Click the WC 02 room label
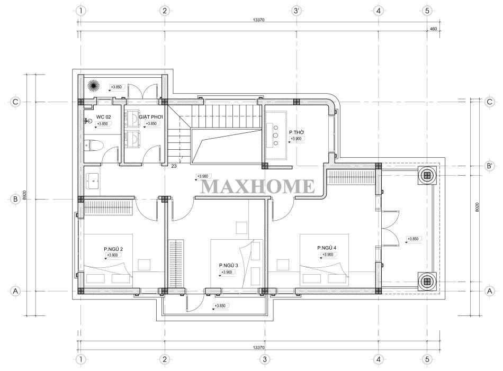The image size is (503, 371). pos(103,117)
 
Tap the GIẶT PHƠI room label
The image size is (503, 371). pos(151,117)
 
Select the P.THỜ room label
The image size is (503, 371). pos(297,132)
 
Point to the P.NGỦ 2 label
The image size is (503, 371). pos(113,249)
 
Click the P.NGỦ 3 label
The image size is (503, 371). pos(228,265)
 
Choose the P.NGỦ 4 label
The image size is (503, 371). pos(327,248)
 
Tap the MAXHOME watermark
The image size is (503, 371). pos(258,186)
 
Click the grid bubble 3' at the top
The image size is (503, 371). pos(297,11)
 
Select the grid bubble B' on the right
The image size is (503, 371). pos(490,166)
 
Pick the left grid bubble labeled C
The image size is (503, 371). pos(15,102)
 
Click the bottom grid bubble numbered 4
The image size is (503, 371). pos(378,359)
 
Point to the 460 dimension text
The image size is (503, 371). pos(433,29)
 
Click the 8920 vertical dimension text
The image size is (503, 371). pos(24,196)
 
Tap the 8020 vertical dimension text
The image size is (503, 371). pos(477,207)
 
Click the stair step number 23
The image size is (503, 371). pos(174,166)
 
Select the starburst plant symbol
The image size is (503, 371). pos(94,86)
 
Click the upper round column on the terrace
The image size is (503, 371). pos(427,175)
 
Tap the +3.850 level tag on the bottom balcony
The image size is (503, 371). pos(221,306)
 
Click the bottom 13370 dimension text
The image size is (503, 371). pos(258,348)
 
